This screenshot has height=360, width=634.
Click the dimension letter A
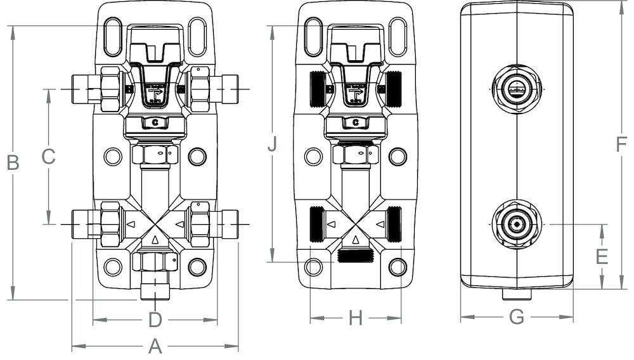(x=155, y=347)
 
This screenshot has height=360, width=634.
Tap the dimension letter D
(x=155, y=320)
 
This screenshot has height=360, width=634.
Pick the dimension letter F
(x=621, y=145)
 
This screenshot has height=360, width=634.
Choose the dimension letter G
(x=517, y=317)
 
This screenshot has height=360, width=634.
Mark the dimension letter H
(x=356, y=319)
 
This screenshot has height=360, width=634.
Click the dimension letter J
(x=272, y=145)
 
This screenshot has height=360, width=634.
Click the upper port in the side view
(x=517, y=89)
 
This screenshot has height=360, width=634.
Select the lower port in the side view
(x=517, y=224)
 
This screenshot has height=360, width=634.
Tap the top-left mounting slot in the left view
(x=113, y=37)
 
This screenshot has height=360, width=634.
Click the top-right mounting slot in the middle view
(x=398, y=37)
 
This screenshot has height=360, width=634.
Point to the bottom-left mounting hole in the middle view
(x=313, y=267)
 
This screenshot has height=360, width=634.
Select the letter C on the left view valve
(x=155, y=122)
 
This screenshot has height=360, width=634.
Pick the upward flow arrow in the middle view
(x=356, y=240)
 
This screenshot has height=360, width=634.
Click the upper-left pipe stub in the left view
(x=84, y=89)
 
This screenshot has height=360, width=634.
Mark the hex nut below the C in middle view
(x=356, y=154)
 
